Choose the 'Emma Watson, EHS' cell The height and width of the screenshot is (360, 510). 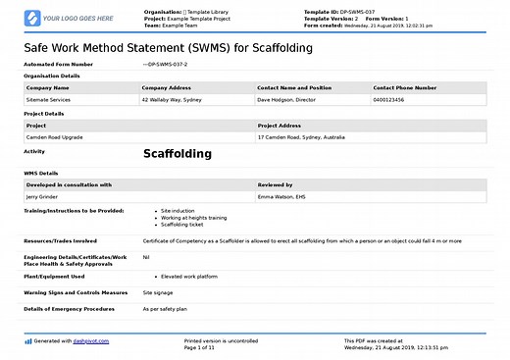pos(282,196)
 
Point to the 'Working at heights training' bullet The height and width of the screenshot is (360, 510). pos(193,217)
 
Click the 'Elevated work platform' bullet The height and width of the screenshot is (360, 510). pos(190,277)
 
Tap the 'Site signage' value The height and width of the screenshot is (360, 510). pos(159,292)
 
